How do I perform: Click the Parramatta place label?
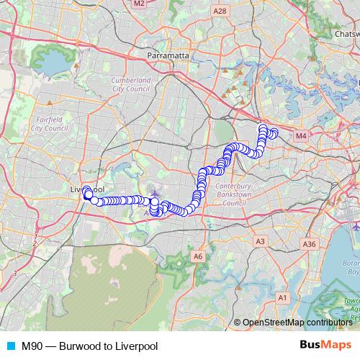(167, 55)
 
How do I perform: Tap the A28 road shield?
(220, 10)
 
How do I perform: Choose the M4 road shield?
(300, 135)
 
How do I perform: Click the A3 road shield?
(261, 241)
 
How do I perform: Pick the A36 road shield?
(310, 245)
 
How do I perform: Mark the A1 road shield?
(283, 297)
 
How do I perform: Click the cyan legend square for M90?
(9, 346)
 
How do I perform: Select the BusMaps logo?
(325, 346)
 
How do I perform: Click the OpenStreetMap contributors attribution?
(297, 322)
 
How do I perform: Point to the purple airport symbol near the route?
(153, 192)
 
